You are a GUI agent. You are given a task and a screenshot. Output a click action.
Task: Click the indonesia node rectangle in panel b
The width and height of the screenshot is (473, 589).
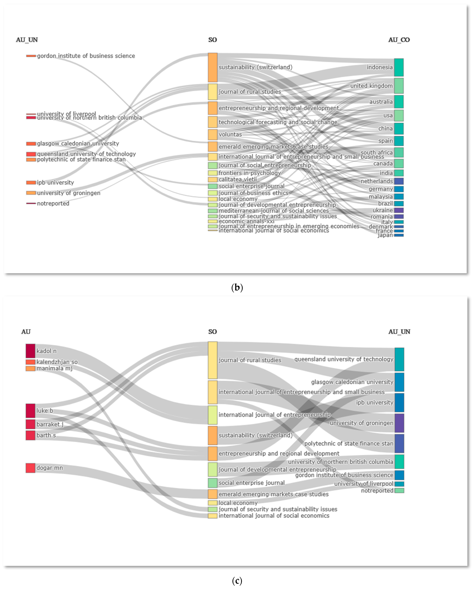click(399, 67)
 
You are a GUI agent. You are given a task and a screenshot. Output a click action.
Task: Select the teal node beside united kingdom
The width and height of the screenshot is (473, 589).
click(399, 86)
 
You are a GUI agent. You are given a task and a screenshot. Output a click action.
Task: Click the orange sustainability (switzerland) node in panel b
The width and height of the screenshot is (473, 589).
click(213, 67)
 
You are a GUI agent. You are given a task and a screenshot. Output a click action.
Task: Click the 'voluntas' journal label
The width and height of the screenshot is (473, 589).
click(230, 134)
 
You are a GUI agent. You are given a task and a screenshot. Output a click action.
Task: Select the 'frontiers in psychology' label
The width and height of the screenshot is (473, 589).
click(250, 173)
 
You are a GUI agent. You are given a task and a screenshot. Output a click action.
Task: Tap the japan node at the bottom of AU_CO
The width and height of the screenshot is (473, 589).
click(399, 235)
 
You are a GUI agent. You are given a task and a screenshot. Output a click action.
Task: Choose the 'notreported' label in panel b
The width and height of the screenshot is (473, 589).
click(53, 204)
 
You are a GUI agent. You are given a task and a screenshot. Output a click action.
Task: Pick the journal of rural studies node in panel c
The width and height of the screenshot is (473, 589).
click(213, 360)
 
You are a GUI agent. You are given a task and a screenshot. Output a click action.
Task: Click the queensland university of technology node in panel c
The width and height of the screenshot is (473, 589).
click(399, 359)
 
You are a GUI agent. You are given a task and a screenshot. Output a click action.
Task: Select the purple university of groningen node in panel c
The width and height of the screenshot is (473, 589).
click(399, 423)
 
